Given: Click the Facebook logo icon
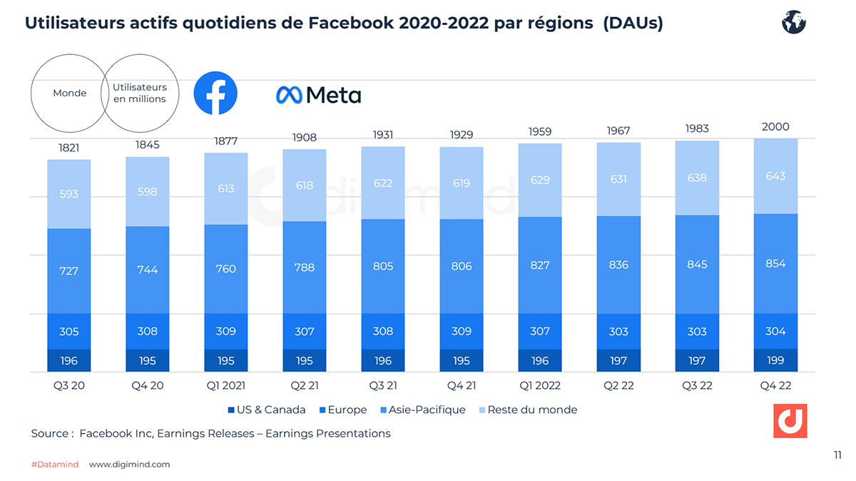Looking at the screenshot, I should pyautogui.click(x=215, y=93).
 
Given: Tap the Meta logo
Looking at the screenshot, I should pyautogui.click(x=318, y=95).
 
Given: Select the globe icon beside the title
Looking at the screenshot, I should pyautogui.click(x=793, y=23).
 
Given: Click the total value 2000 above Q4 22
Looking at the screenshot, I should pyautogui.click(x=775, y=127).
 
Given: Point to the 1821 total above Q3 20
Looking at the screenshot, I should pyautogui.click(x=69, y=148).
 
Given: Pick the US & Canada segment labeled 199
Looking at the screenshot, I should pyautogui.click(x=775, y=360).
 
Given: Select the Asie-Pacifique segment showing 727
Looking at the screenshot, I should pyautogui.click(x=69, y=271).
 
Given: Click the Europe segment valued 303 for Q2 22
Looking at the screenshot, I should pyautogui.click(x=618, y=332).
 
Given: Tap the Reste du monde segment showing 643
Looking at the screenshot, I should pyautogui.click(x=775, y=176).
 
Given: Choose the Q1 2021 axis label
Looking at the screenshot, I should pyautogui.click(x=226, y=386).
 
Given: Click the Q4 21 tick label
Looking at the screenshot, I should pyautogui.click(x=462, y=386).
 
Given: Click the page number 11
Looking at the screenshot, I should pyautogui.click(x=837, y=454).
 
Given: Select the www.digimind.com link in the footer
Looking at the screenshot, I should pyautogui.click(x=130, y=465).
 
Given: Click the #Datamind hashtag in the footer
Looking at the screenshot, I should pyautogui.click(x=55, y=465).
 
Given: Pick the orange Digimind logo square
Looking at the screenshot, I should pyautogui.click(x=790, y=420).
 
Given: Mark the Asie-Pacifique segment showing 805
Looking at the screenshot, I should pyautogui.click(x=383, y=266).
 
